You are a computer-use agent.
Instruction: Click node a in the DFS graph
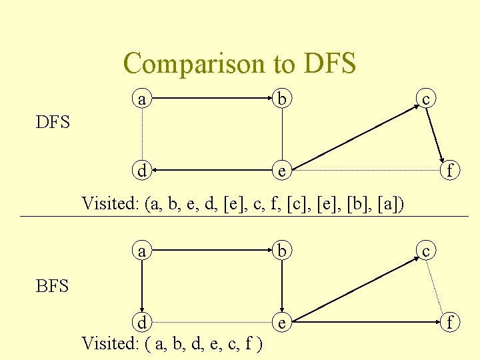tap(141, 99)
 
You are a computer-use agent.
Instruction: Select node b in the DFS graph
tap(283, 99)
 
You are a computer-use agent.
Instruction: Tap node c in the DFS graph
tap(426, 99)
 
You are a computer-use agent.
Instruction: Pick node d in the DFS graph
tap(141, 170)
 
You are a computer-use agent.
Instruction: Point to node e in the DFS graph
tap(283, 171)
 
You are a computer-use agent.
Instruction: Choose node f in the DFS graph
tap(450, 171)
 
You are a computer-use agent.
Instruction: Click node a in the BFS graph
tap(141, 251)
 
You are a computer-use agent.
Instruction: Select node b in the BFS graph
tap(283, 251)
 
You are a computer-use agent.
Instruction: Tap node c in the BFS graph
tap(426, 251)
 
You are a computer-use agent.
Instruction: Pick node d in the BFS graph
tap(141, 322)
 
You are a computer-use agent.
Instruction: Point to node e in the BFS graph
tap(283, 323)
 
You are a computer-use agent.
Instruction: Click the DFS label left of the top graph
tap(53, 123)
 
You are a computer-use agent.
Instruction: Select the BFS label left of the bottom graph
tap(53, 287)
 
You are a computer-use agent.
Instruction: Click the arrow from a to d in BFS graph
tap(141, 287)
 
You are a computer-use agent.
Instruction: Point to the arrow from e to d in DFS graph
tap(213, 171)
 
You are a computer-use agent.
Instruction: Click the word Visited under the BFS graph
tap(109, 343)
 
